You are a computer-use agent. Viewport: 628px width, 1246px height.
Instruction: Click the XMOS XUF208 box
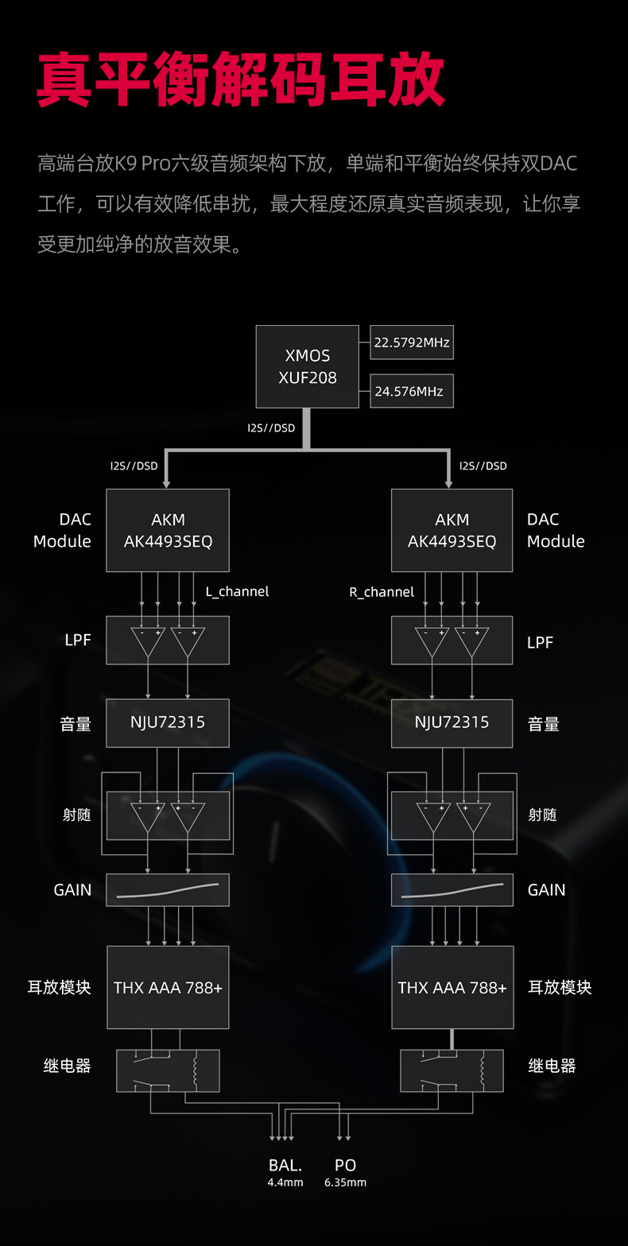coord(307,366)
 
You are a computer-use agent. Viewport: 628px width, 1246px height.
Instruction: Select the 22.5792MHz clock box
coord(411,342)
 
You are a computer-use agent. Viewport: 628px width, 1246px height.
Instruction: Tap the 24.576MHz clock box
coord(411,391)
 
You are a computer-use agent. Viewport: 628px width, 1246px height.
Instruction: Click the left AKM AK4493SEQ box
coord(168,530)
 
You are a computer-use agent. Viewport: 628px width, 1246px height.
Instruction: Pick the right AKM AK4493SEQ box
coord(452,530)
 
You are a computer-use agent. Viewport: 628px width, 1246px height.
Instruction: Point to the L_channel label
coord(237,591)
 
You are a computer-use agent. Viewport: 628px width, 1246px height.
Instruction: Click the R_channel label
coord(382,592)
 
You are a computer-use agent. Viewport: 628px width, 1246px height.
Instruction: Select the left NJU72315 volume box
coord(168,722)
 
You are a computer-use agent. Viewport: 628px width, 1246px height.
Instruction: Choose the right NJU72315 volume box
coord(452,722)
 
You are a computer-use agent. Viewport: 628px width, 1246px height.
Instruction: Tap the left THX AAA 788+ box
coord(168,988)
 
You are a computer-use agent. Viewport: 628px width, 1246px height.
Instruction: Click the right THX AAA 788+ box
coord(452,988)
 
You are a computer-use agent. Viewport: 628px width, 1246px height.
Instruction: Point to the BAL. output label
coord(285,1165)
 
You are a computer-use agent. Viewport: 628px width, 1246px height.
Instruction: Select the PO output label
coord(345,1165)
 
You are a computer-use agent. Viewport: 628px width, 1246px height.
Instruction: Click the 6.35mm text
coord(345,1182)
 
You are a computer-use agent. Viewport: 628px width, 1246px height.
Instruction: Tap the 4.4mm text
coord(285,1182)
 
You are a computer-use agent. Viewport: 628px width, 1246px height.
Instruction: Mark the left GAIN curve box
coord(168,890)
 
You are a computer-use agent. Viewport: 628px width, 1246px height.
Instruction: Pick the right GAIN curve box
coord(452,890)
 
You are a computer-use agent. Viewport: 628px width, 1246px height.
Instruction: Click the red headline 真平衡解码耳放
coord(240,80)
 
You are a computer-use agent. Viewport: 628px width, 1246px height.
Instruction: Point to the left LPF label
coord(78,640)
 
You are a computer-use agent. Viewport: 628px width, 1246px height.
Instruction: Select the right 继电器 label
coord(552,1066)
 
